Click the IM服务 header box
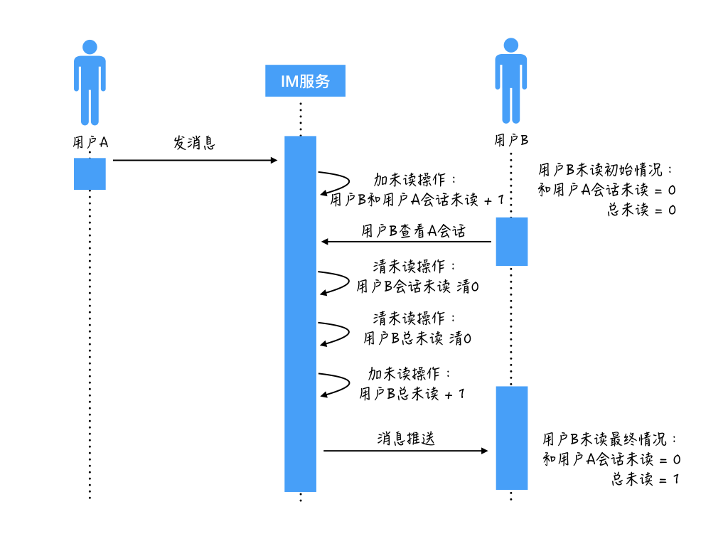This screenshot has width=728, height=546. point(305,81)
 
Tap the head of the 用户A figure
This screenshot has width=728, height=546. point(90,47)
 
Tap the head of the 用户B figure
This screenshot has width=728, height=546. point(511,45)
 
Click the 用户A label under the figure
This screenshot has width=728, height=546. point(90,142)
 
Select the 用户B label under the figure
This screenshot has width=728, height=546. point(511,140)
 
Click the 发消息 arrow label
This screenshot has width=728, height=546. point(194,143)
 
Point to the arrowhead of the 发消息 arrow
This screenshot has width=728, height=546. point(274,161)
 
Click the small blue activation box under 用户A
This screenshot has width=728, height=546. point(90,173)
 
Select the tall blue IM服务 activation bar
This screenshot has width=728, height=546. point(300,313)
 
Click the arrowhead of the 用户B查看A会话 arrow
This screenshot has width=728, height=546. point(324,242)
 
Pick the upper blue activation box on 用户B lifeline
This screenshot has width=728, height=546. point(511,242)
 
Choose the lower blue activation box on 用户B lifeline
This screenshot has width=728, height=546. point(511,437)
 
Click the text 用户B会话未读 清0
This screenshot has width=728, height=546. point(417,287)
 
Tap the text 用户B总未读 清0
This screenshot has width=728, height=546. point(417,338)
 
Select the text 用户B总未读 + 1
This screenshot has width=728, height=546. point(412,393)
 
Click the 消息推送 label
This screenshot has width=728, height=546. point(405,439)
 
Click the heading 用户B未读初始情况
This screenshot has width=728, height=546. point(604,171)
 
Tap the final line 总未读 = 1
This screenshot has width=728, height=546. point(644,479)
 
